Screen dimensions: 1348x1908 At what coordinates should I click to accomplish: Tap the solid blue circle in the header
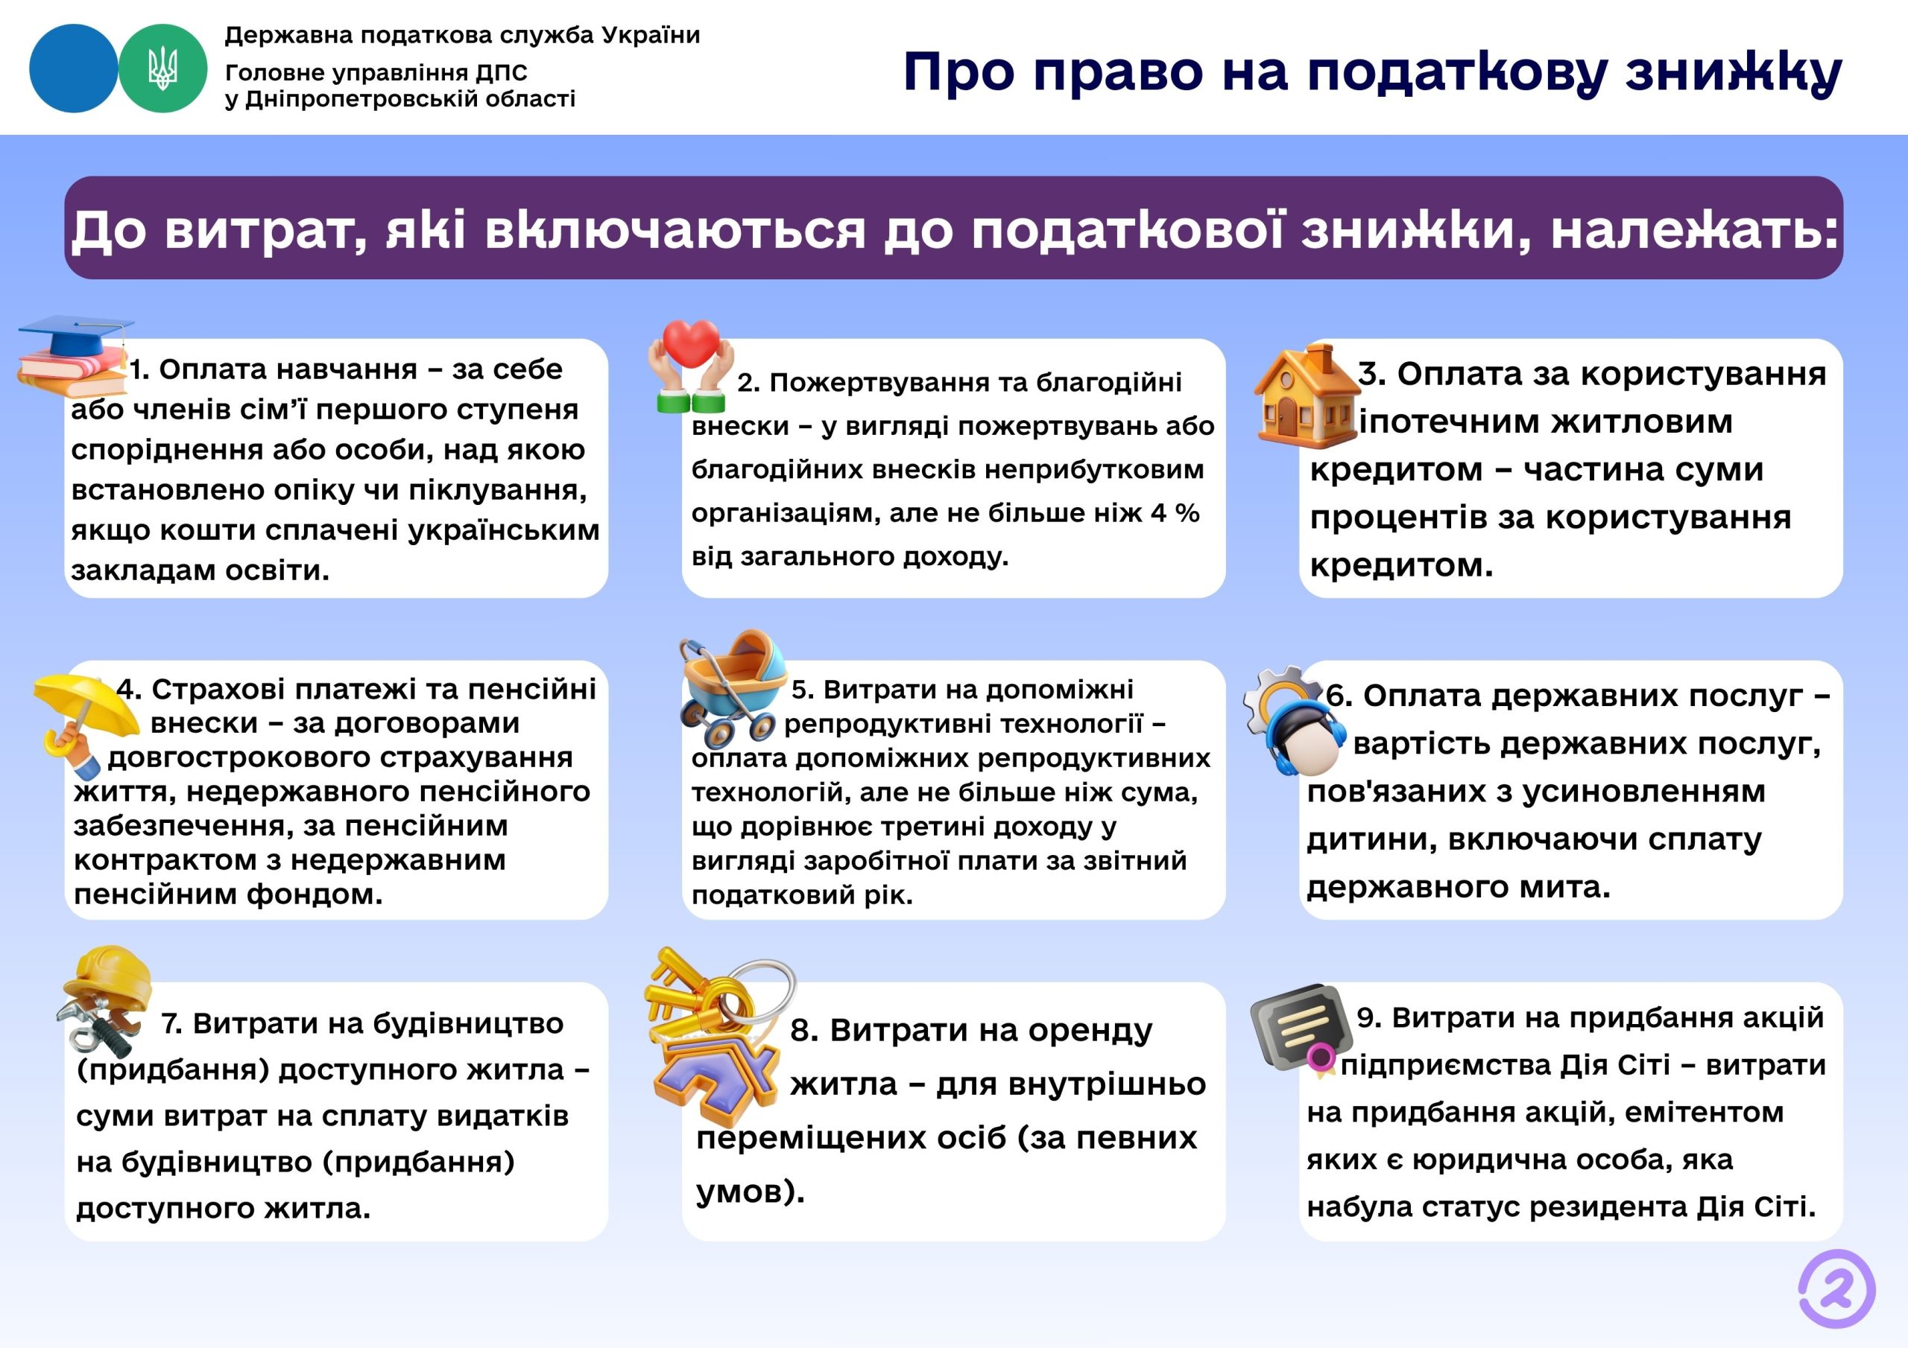pyautogui.click(x=73, y=68)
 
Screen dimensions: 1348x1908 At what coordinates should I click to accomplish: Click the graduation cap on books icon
pyautogui.click(x=73, y=355)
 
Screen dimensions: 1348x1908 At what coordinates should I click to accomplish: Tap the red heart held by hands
pyautogui.click(x=692, y=343)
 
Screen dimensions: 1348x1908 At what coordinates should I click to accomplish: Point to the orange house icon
pyautogui.click(x=1306, y=397)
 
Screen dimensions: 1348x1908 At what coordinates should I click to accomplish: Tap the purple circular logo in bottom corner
pyautogui.click(x=1836, y=1288)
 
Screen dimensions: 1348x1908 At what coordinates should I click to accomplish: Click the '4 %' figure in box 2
pyautogui.click(x=1174, y=513)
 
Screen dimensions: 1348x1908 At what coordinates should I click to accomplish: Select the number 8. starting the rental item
pyautogui.click(x=803, y=1031)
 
